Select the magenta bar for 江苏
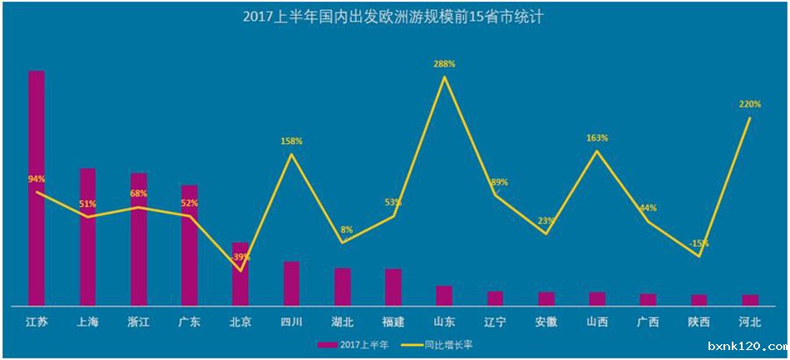click(37, 187)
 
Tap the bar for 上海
click(87, 236)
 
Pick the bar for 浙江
click(138, 239)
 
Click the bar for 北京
click(240, 274)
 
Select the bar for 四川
click(291, 284)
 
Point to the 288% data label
click(444, 64)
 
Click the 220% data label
click(749, 105)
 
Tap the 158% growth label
click(291, 141)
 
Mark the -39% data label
click(240, 257)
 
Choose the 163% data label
click(596, 138)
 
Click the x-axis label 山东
click(444, 322)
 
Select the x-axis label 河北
click(749, 322)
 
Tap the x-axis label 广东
click(190, 322)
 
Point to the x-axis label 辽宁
click(495, 322)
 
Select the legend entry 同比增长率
click(442, 343)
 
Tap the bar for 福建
click(393, 287)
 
